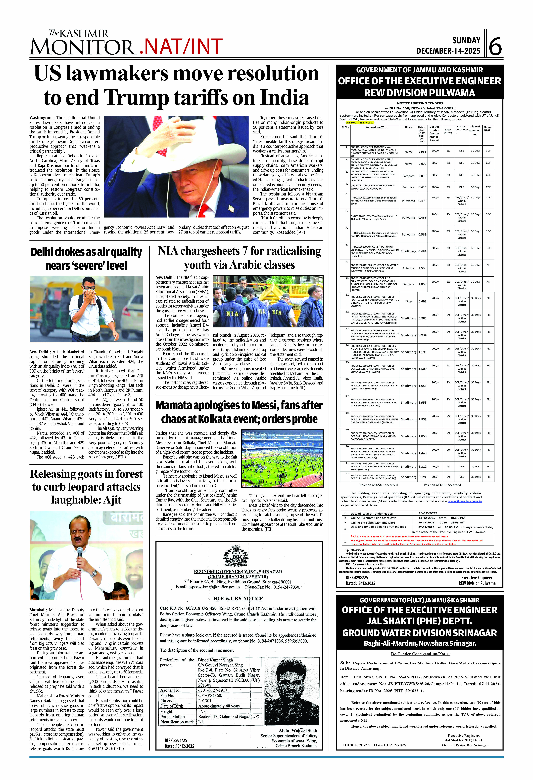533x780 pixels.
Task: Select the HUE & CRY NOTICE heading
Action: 238,598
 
